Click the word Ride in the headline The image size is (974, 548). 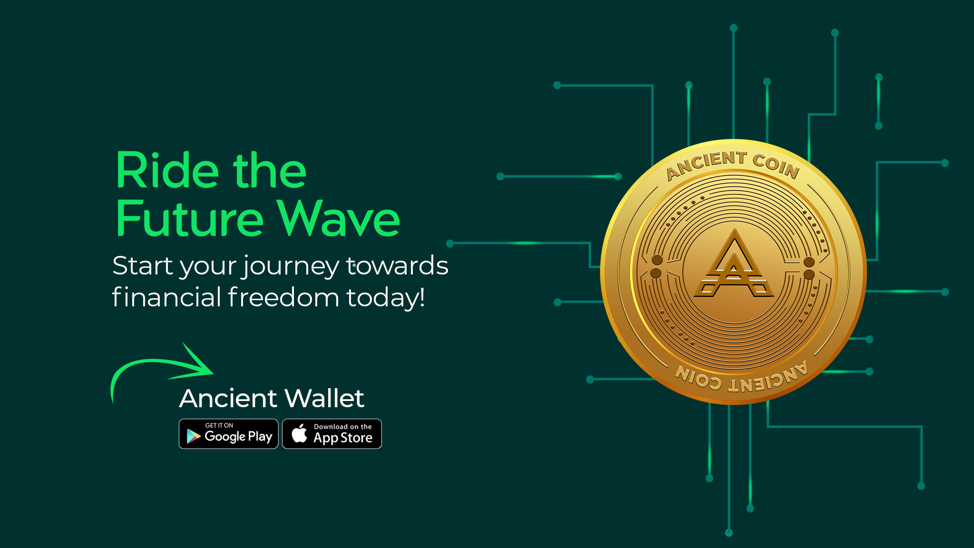tap(167, 170)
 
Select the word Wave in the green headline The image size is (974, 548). tap(338, 218)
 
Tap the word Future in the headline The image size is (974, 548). tap(189, 218)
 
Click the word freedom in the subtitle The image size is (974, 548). tap(283, 297)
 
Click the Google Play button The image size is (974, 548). tap(228, 434)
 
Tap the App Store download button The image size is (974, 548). tap(332, 434)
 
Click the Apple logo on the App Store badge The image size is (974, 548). tap(300, 433)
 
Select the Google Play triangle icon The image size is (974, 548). tap(193, 436)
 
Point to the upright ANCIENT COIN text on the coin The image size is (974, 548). tap(733, 165)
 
